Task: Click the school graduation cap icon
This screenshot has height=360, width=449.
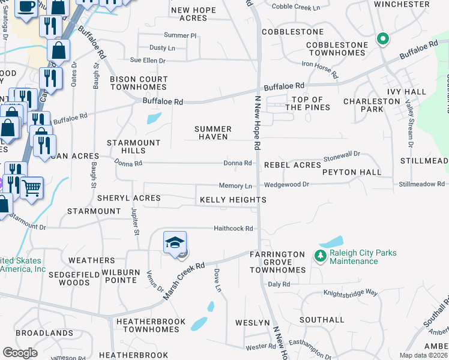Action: click(x=175, y=243)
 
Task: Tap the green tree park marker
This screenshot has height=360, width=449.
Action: click(x=320, y=256)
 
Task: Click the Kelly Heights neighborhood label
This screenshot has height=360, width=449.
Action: click(x=233, y=199)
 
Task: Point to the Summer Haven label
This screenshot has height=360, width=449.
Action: click(x=213, y=133)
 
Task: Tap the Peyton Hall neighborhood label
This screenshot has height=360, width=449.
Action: click(x=352, y=172)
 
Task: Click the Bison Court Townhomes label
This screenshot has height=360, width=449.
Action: click(x=139, y=83)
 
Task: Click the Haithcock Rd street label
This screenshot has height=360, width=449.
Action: click(x=234, y=229)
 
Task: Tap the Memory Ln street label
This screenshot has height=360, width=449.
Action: click(x=235, y=187)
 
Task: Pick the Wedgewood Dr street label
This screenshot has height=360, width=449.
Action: click(x=287, y=185)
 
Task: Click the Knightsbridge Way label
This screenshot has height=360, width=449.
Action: click(x=351, y=293)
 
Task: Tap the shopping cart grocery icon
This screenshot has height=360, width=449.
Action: click(x=32, y=187)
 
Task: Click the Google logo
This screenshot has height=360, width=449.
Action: click(x=20, y=353)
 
